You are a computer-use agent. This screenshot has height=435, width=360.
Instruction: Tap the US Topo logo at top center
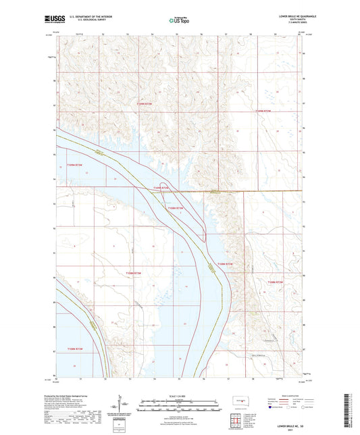coord(179,20)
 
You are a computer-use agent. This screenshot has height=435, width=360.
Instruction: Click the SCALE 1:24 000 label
coord(180,386)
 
